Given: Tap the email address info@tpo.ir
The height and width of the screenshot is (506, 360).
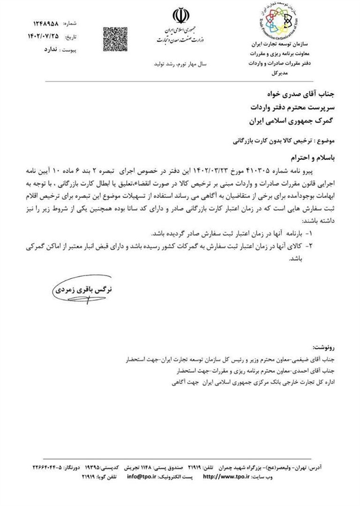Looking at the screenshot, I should click(143, 476).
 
